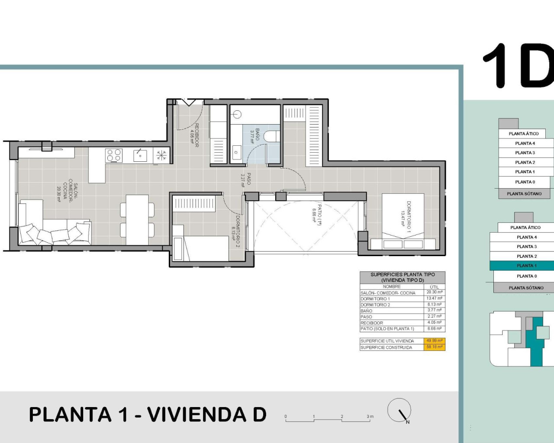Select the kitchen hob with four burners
[114, 155]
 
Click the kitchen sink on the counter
[140, 155]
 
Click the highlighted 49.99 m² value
[434, 341]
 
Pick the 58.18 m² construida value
[434, 347]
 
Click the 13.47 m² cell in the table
[434, 299]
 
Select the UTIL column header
[434, 287]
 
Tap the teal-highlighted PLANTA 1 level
[525, 266]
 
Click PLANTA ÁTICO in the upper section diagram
[524, 134]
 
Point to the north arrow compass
[399, 410]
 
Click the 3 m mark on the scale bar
[369, 417]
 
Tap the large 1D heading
[518, 66]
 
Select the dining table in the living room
[137, 219]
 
